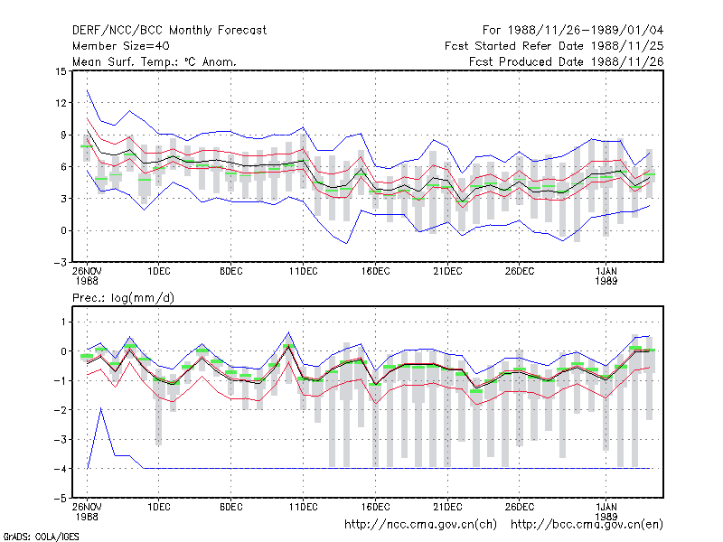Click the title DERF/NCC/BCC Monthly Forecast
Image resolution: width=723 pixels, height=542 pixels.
tap(169, 31)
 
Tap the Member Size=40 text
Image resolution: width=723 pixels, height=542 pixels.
tap(121, 46)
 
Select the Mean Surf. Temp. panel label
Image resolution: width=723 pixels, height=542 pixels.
tap(155, 61)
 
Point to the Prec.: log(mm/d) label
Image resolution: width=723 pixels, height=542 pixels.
tap(123, 298)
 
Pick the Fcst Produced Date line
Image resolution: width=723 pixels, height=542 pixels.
tap(567, 61)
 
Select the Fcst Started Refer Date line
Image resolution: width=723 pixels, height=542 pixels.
tap(554, 46)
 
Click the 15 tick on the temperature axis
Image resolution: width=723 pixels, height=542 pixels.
tap(61, 71)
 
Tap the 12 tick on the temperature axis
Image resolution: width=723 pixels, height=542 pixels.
tap(61, 103)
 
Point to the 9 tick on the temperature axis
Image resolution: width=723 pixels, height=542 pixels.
tap(63, 135)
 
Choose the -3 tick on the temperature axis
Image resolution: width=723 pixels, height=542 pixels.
tap(60, 263)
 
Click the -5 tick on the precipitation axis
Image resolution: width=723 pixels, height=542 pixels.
tap(60, 499)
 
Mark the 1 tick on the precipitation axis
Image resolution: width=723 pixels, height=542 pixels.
tap(63, 322)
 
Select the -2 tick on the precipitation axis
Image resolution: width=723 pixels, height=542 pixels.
tap(60, 410)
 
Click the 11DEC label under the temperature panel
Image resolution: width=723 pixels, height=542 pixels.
tap(304, 272)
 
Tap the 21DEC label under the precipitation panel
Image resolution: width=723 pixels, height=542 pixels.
tap(447, 507)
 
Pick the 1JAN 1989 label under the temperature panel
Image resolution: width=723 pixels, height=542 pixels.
tap(606, 276)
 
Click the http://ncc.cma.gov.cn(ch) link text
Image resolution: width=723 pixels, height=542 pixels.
tap(421, 525)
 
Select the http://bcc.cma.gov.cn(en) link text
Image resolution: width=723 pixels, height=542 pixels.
tap(587, 525)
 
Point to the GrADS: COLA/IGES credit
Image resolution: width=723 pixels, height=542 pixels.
tap(41, 537)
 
